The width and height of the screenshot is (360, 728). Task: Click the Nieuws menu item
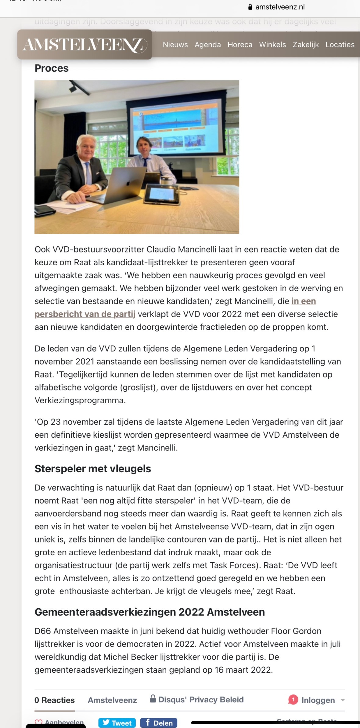tap(175, 45)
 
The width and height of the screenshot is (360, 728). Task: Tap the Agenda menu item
tap(207, 45)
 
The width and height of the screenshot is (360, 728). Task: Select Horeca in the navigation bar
tap(240, 45)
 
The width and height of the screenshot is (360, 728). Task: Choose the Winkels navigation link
tap(272, 45)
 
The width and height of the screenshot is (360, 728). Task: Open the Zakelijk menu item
tap(306, 45)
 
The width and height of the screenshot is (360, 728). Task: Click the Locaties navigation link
tap(340, 45)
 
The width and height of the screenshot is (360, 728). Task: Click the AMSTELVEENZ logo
tap(85, 45)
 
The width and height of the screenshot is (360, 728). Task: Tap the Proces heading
tap(52, 68)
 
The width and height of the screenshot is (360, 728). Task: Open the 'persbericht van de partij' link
tap(85, 314)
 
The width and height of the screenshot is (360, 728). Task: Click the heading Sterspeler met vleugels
tap(93, 469)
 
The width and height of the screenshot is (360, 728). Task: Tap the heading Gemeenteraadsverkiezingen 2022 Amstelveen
tap(149, 612)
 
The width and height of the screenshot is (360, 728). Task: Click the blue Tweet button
tap(117, 723)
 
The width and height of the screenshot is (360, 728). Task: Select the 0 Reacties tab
tap(54, 700)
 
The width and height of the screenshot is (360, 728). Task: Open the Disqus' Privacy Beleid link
tap(200, 699)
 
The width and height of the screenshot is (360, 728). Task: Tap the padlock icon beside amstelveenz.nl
tap(250, 7)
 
